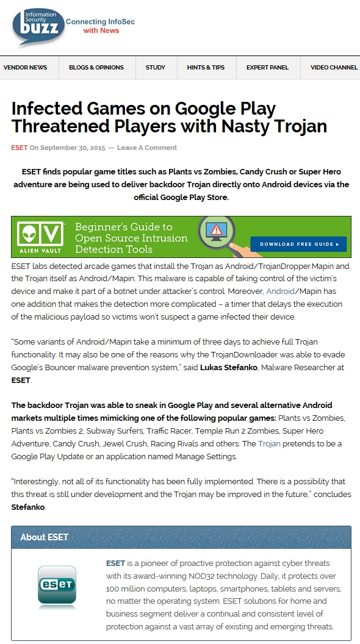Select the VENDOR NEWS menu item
[x=25, y=68]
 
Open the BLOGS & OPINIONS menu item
[x=96, y=68]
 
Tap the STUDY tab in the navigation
[x=156, y=68]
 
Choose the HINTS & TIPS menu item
[x=206, y=68]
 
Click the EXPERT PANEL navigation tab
[x=267, y=68]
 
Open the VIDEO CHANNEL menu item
[x=334, y=68]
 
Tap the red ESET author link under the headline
[x=19, y=148]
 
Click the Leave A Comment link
[x=147, y=148]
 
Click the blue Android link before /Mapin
[x=280, y=291]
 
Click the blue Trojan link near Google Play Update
[x=269, y=444]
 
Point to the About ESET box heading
[x=45, y=537]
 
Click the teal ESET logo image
[x=57, y=587]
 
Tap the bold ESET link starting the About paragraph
[x=115, y=563]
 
